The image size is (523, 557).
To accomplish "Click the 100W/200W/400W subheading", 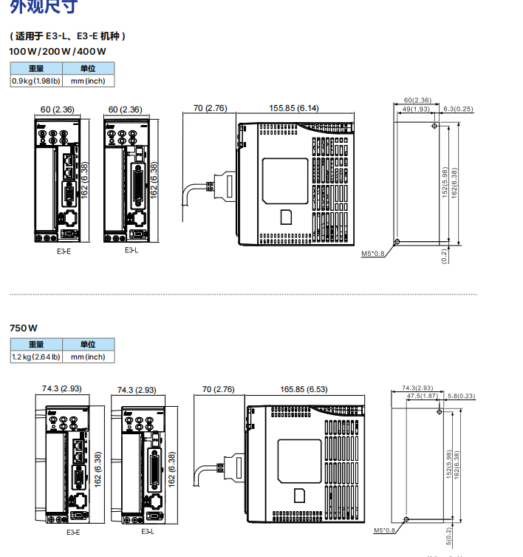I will [58, 52].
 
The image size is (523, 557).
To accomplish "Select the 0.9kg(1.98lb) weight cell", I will [36, 81].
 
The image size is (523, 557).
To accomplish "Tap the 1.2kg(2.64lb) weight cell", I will [36, 357].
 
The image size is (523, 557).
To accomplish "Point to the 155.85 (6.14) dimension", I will [293, 108].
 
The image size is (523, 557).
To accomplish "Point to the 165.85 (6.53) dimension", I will [304, 389].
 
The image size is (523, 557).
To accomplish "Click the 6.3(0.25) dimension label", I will [458, 109].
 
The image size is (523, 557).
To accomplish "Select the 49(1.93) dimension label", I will [416, 109].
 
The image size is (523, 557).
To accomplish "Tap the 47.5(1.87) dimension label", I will [423, 396].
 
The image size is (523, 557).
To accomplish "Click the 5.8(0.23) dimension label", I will [462, 396].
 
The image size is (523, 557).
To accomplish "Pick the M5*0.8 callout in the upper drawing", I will [373, 254].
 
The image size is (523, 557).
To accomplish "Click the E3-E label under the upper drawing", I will [64, 252].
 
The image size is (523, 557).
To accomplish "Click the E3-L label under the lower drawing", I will [148, 531].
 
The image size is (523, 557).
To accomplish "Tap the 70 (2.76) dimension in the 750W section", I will [218, 389].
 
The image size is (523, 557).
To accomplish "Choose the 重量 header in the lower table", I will [36, 344].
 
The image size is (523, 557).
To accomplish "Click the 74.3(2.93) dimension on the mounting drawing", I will [417, 388].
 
